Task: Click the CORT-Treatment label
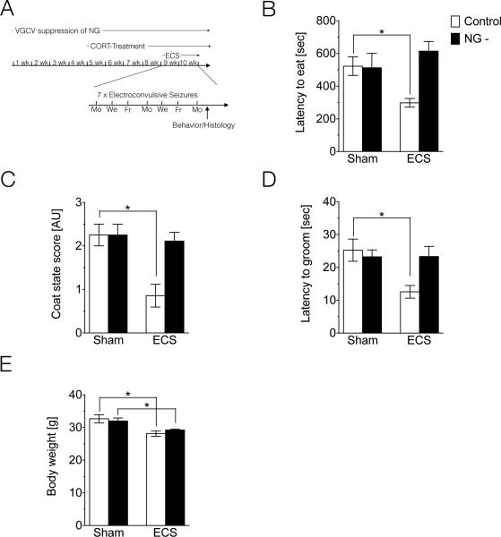click(x=120, y=44)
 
